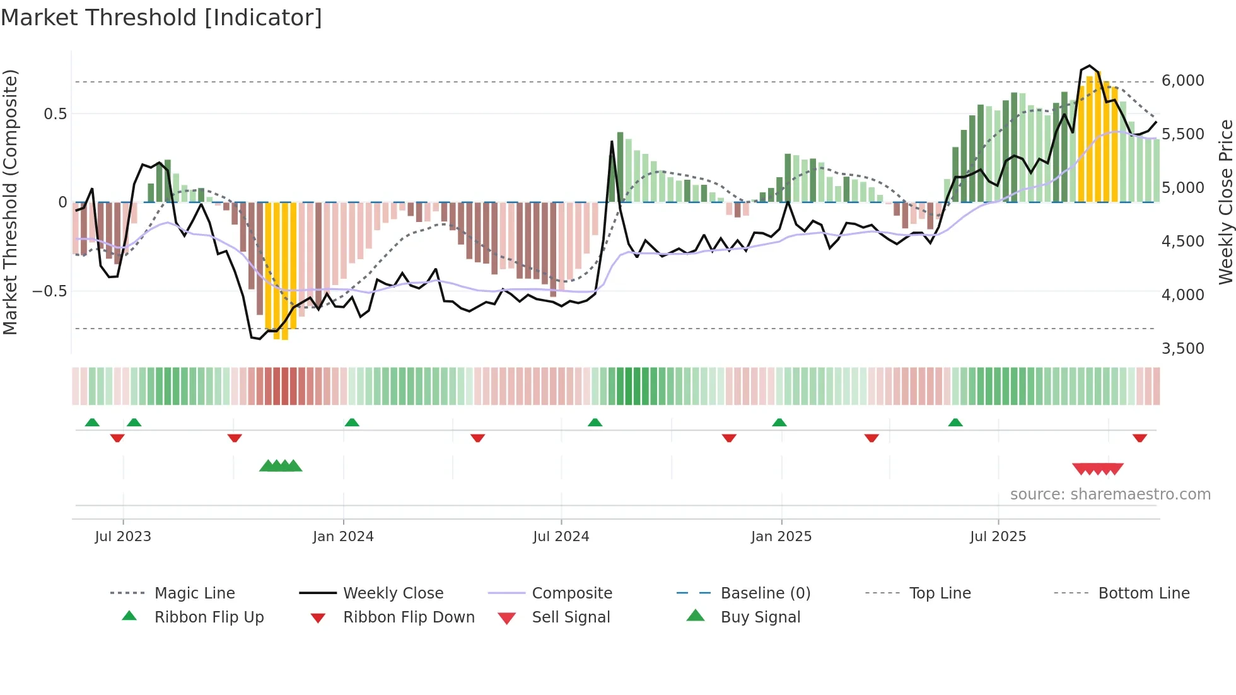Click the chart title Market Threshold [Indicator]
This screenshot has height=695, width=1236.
click(161, 18)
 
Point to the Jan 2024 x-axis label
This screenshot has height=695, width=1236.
click(343, 537)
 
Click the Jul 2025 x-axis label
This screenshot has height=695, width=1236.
click(998, 537)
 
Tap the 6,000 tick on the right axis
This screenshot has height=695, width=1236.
click(1182, 81)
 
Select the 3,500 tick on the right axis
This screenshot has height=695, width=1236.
click(1182, 349)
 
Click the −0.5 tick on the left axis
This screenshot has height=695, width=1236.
click(50, 291)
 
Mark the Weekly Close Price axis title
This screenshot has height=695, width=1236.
click(1225, 202)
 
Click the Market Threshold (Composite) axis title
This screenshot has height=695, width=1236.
click(10, 202)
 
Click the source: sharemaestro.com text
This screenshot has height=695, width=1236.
click(1110, 494)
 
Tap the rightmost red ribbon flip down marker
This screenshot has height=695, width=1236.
click(1140, 438)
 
